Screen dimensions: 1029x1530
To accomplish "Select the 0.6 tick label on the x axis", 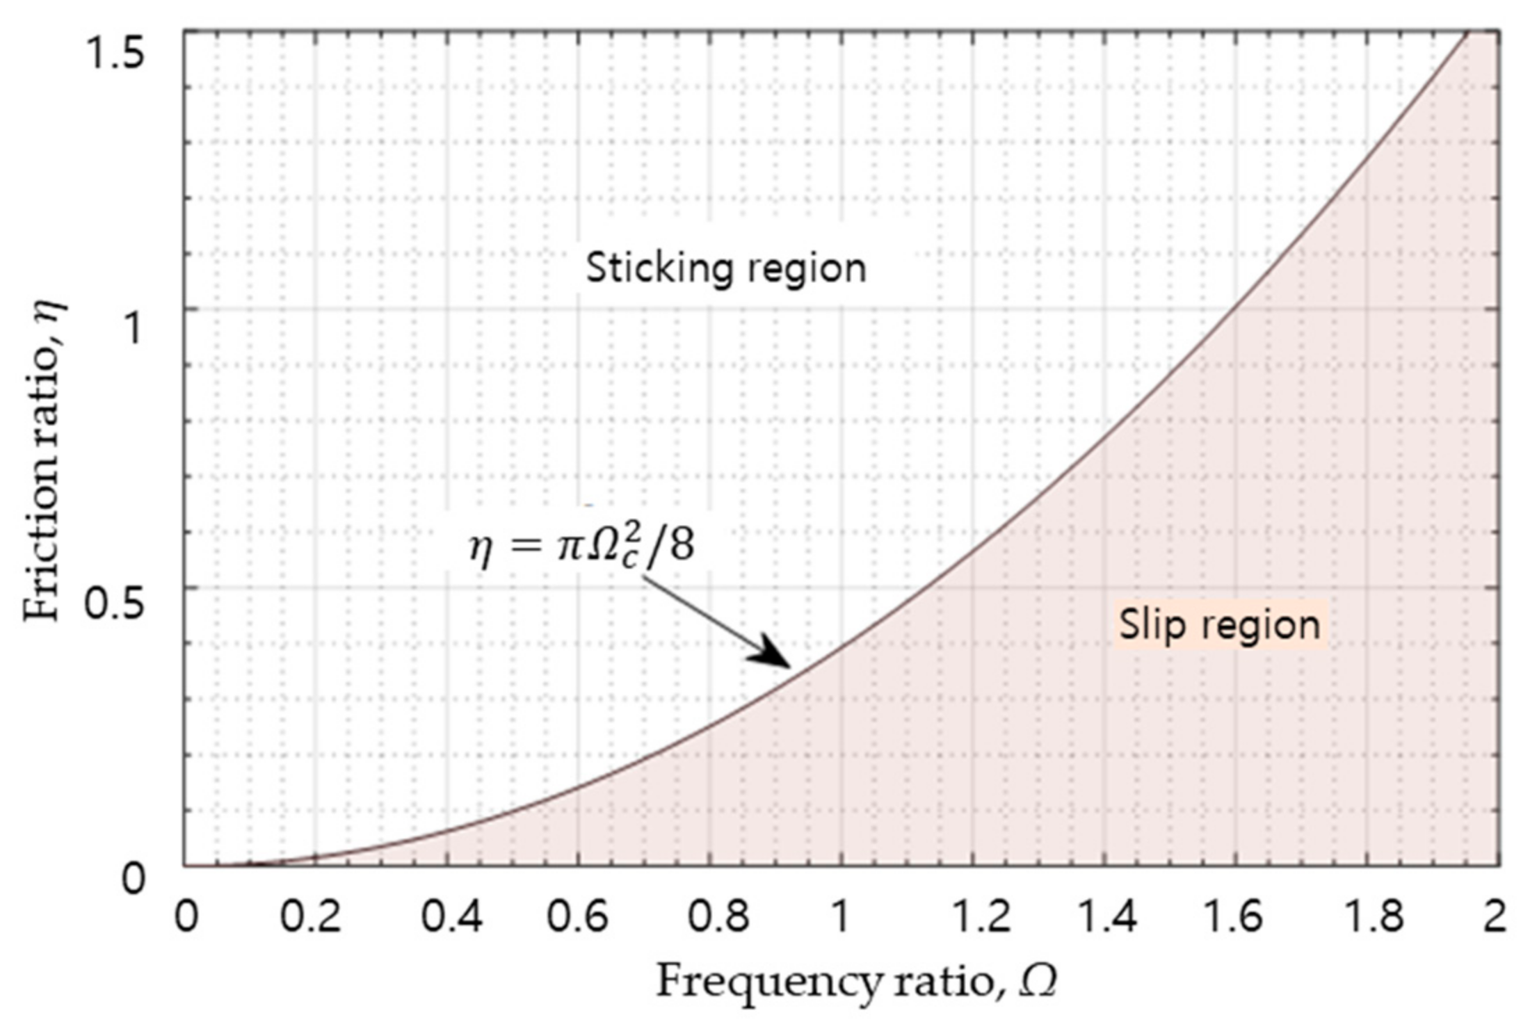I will click(x=577, y=917).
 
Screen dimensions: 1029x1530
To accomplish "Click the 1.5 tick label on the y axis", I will click(x=115, y=53).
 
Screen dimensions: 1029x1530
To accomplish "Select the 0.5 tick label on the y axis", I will click(x=115, y=603).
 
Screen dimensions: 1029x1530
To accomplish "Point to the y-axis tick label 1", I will click(x=131, y=327).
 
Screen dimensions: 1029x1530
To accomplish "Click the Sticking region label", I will click(x=726, y=268).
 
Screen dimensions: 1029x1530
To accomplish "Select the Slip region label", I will click(x=1219, y=624).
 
